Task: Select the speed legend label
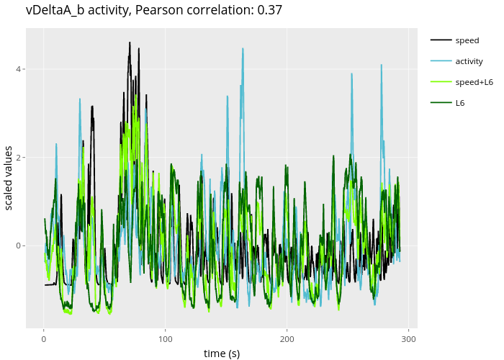[x=467, y=40]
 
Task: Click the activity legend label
[x=469, y=61]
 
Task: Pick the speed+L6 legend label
[x=474, y=82]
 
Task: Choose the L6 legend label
[x=460, y=103]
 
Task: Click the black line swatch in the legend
[x=441, y=40]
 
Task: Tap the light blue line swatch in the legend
[x=441, y=61]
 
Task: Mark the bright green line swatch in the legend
[x=441, y=82]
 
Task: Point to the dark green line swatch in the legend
[x=441, y=103]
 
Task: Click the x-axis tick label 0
[x=44, y=339]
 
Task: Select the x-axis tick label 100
[x=166, y=339]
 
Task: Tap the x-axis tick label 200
[x=287, y=339]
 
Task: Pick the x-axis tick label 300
[x=409, y=339]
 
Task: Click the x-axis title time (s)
[x=221, y=354]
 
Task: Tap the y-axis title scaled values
[x=9, y=179]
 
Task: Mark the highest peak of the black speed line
[x=130, y=42]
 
